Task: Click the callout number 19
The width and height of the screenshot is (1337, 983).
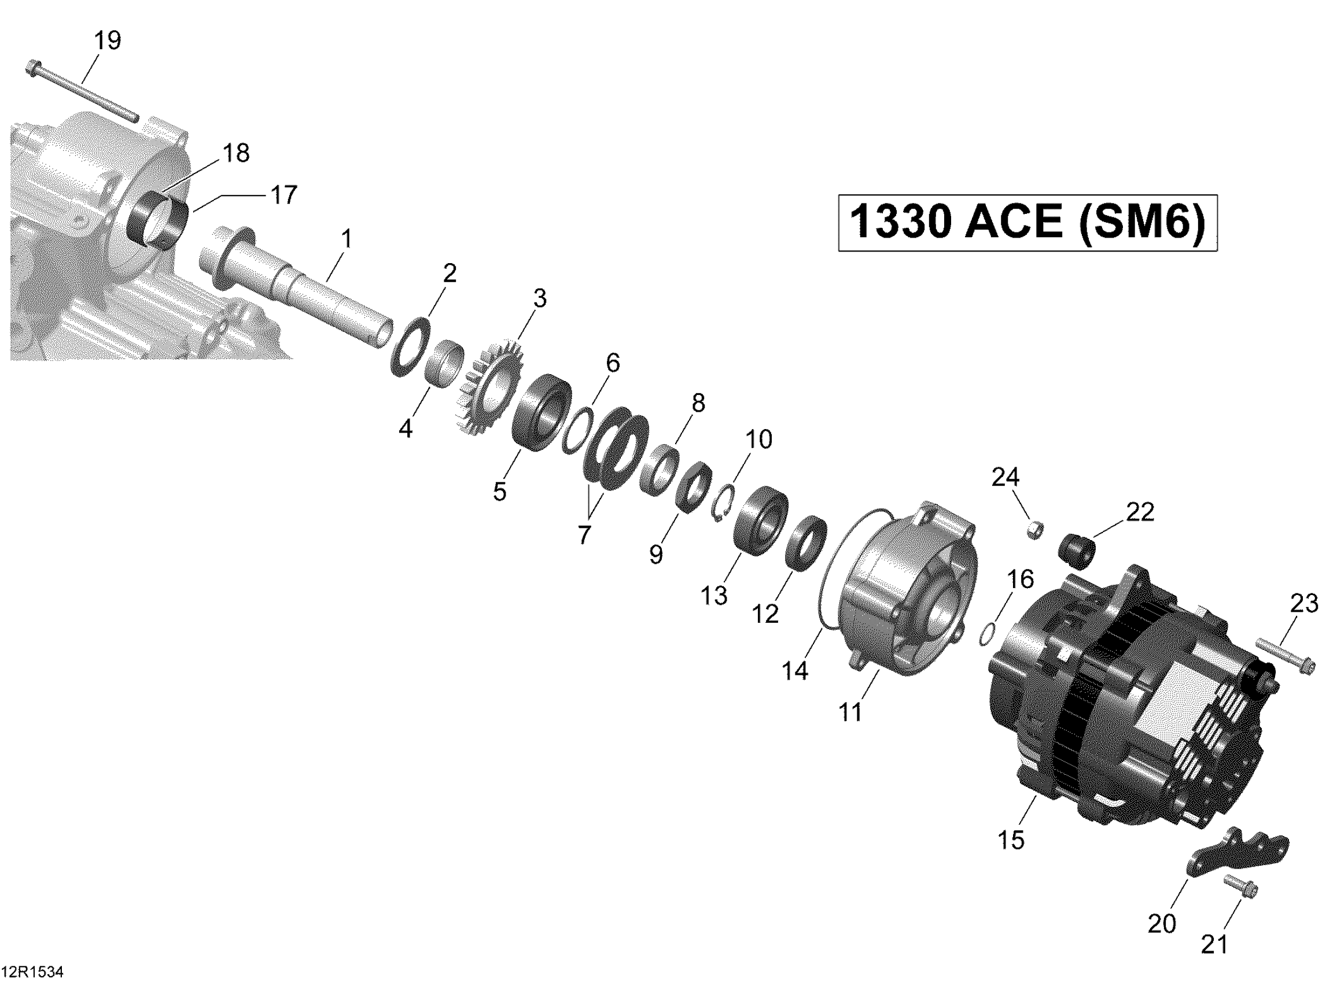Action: coord(108,40)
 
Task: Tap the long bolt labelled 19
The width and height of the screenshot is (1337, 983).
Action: coord(82,99)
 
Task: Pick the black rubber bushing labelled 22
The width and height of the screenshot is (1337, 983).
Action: coord(1077,550)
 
